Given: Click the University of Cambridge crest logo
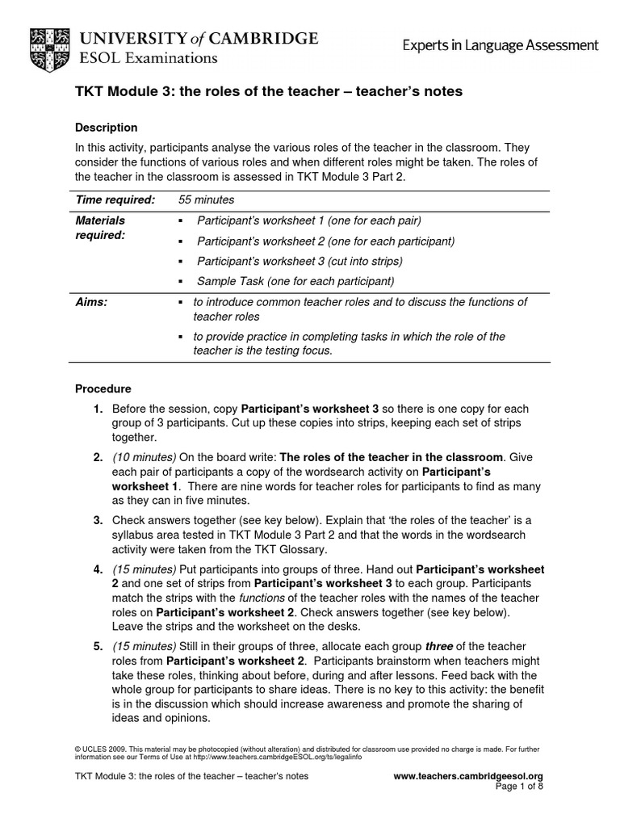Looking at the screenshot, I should point(50,46).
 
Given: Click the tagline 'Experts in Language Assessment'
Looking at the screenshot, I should point(501,46).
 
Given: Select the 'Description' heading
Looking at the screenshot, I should point(106,128).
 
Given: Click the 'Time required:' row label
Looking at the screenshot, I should point(115,199).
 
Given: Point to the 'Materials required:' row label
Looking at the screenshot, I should point(101,228).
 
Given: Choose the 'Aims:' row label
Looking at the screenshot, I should point(91,302).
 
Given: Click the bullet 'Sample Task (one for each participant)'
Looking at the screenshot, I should point(295,281).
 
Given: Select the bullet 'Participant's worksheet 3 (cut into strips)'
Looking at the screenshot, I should point(300,261).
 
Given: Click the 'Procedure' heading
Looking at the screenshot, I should point(103,388).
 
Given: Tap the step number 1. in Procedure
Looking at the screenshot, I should point(98,409).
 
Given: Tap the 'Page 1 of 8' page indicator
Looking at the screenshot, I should point(517,787).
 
